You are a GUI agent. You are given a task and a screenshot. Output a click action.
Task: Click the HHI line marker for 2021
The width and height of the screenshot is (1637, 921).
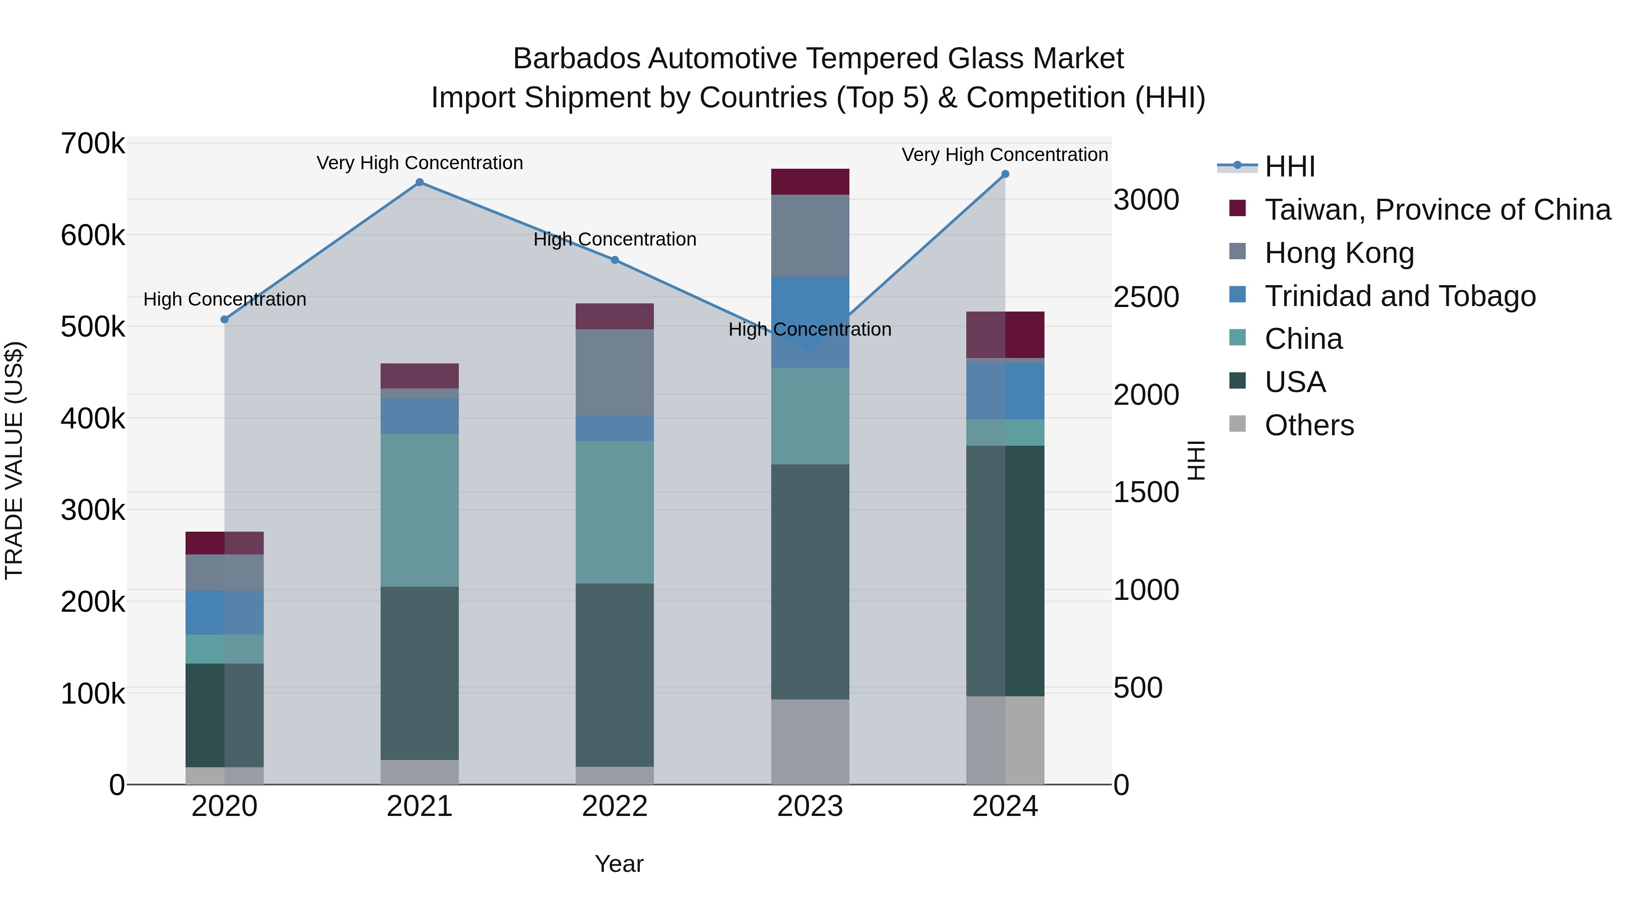[419, 182]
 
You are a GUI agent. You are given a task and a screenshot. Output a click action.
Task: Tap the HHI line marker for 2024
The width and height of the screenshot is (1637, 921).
[1004, 174]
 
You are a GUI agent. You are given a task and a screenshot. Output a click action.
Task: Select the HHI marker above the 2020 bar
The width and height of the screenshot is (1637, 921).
[224, 319]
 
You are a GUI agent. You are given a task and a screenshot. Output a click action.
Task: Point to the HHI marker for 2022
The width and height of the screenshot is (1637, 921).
[614, 260]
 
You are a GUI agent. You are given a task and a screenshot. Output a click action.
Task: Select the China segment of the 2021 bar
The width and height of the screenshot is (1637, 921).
[419, 510]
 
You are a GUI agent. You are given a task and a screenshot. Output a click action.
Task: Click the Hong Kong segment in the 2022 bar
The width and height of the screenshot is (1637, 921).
[614, 372]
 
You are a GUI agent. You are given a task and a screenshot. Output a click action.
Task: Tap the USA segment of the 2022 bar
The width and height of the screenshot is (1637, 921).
[614, 674]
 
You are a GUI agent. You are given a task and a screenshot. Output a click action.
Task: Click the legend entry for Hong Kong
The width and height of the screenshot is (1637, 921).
[1339, 253]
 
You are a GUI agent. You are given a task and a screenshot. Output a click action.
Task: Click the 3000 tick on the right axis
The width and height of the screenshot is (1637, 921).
[1146, 200]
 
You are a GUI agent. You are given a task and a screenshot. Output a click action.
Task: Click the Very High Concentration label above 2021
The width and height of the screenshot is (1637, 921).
[419, 163]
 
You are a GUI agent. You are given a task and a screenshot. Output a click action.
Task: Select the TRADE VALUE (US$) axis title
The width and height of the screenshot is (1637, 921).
[14, 460]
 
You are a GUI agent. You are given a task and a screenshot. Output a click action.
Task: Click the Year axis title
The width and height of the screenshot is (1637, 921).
[619, 864]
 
